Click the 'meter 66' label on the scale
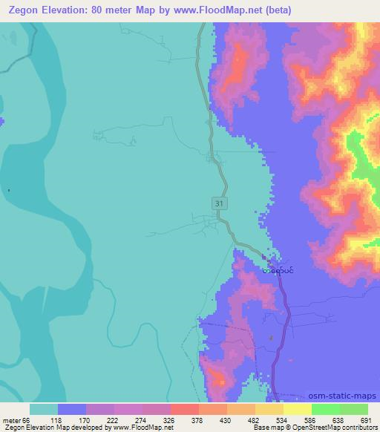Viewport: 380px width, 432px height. tap(17, 419)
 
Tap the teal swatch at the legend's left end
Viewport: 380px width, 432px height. tap(44, 409)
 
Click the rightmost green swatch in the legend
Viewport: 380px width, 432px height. tap(354, 409)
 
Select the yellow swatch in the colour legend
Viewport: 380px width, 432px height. tap(298, 409)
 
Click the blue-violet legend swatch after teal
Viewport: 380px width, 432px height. tap(72, 409)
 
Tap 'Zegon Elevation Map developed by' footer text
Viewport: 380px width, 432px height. tap(53, 428)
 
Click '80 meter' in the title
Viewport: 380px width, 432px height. tap(104, 10)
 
